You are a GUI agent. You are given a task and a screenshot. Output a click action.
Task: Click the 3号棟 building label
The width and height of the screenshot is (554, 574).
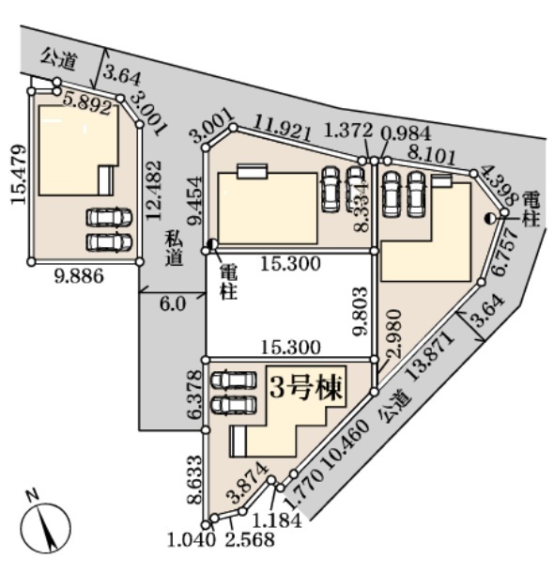coord(307,388)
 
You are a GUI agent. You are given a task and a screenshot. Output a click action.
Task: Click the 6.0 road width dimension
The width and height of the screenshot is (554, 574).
coord(173,303)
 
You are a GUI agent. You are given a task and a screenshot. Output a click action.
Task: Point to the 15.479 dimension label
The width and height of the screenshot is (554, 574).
coord(18,175)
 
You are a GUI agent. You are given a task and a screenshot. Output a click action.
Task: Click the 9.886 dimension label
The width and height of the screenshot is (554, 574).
coord(80,276)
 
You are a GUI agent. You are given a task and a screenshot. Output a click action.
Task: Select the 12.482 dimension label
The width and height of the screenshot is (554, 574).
coord(154,191)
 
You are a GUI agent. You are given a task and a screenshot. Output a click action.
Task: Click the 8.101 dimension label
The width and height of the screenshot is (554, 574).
coord(432,156)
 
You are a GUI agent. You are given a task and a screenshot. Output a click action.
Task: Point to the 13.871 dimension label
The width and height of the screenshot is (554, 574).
coord(430,356)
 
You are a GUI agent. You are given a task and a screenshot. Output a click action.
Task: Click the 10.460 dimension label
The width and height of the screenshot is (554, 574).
coord(346,444)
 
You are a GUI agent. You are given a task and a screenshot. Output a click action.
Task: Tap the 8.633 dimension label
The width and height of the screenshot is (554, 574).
coord(194,480)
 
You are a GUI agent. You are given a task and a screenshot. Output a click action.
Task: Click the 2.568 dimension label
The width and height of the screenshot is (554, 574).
coord(250,540)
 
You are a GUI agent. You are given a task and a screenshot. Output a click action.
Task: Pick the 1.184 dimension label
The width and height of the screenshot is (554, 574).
coord(278,520)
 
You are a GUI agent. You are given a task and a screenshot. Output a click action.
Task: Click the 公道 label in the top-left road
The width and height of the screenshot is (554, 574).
coord(58,59)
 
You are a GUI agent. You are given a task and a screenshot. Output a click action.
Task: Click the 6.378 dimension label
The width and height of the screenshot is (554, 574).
coord(194,395)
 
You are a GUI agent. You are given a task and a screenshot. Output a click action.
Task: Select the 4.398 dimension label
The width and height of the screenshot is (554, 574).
coord(500,186)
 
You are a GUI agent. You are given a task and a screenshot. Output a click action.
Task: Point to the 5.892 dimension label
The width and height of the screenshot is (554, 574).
coord(88,103)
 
